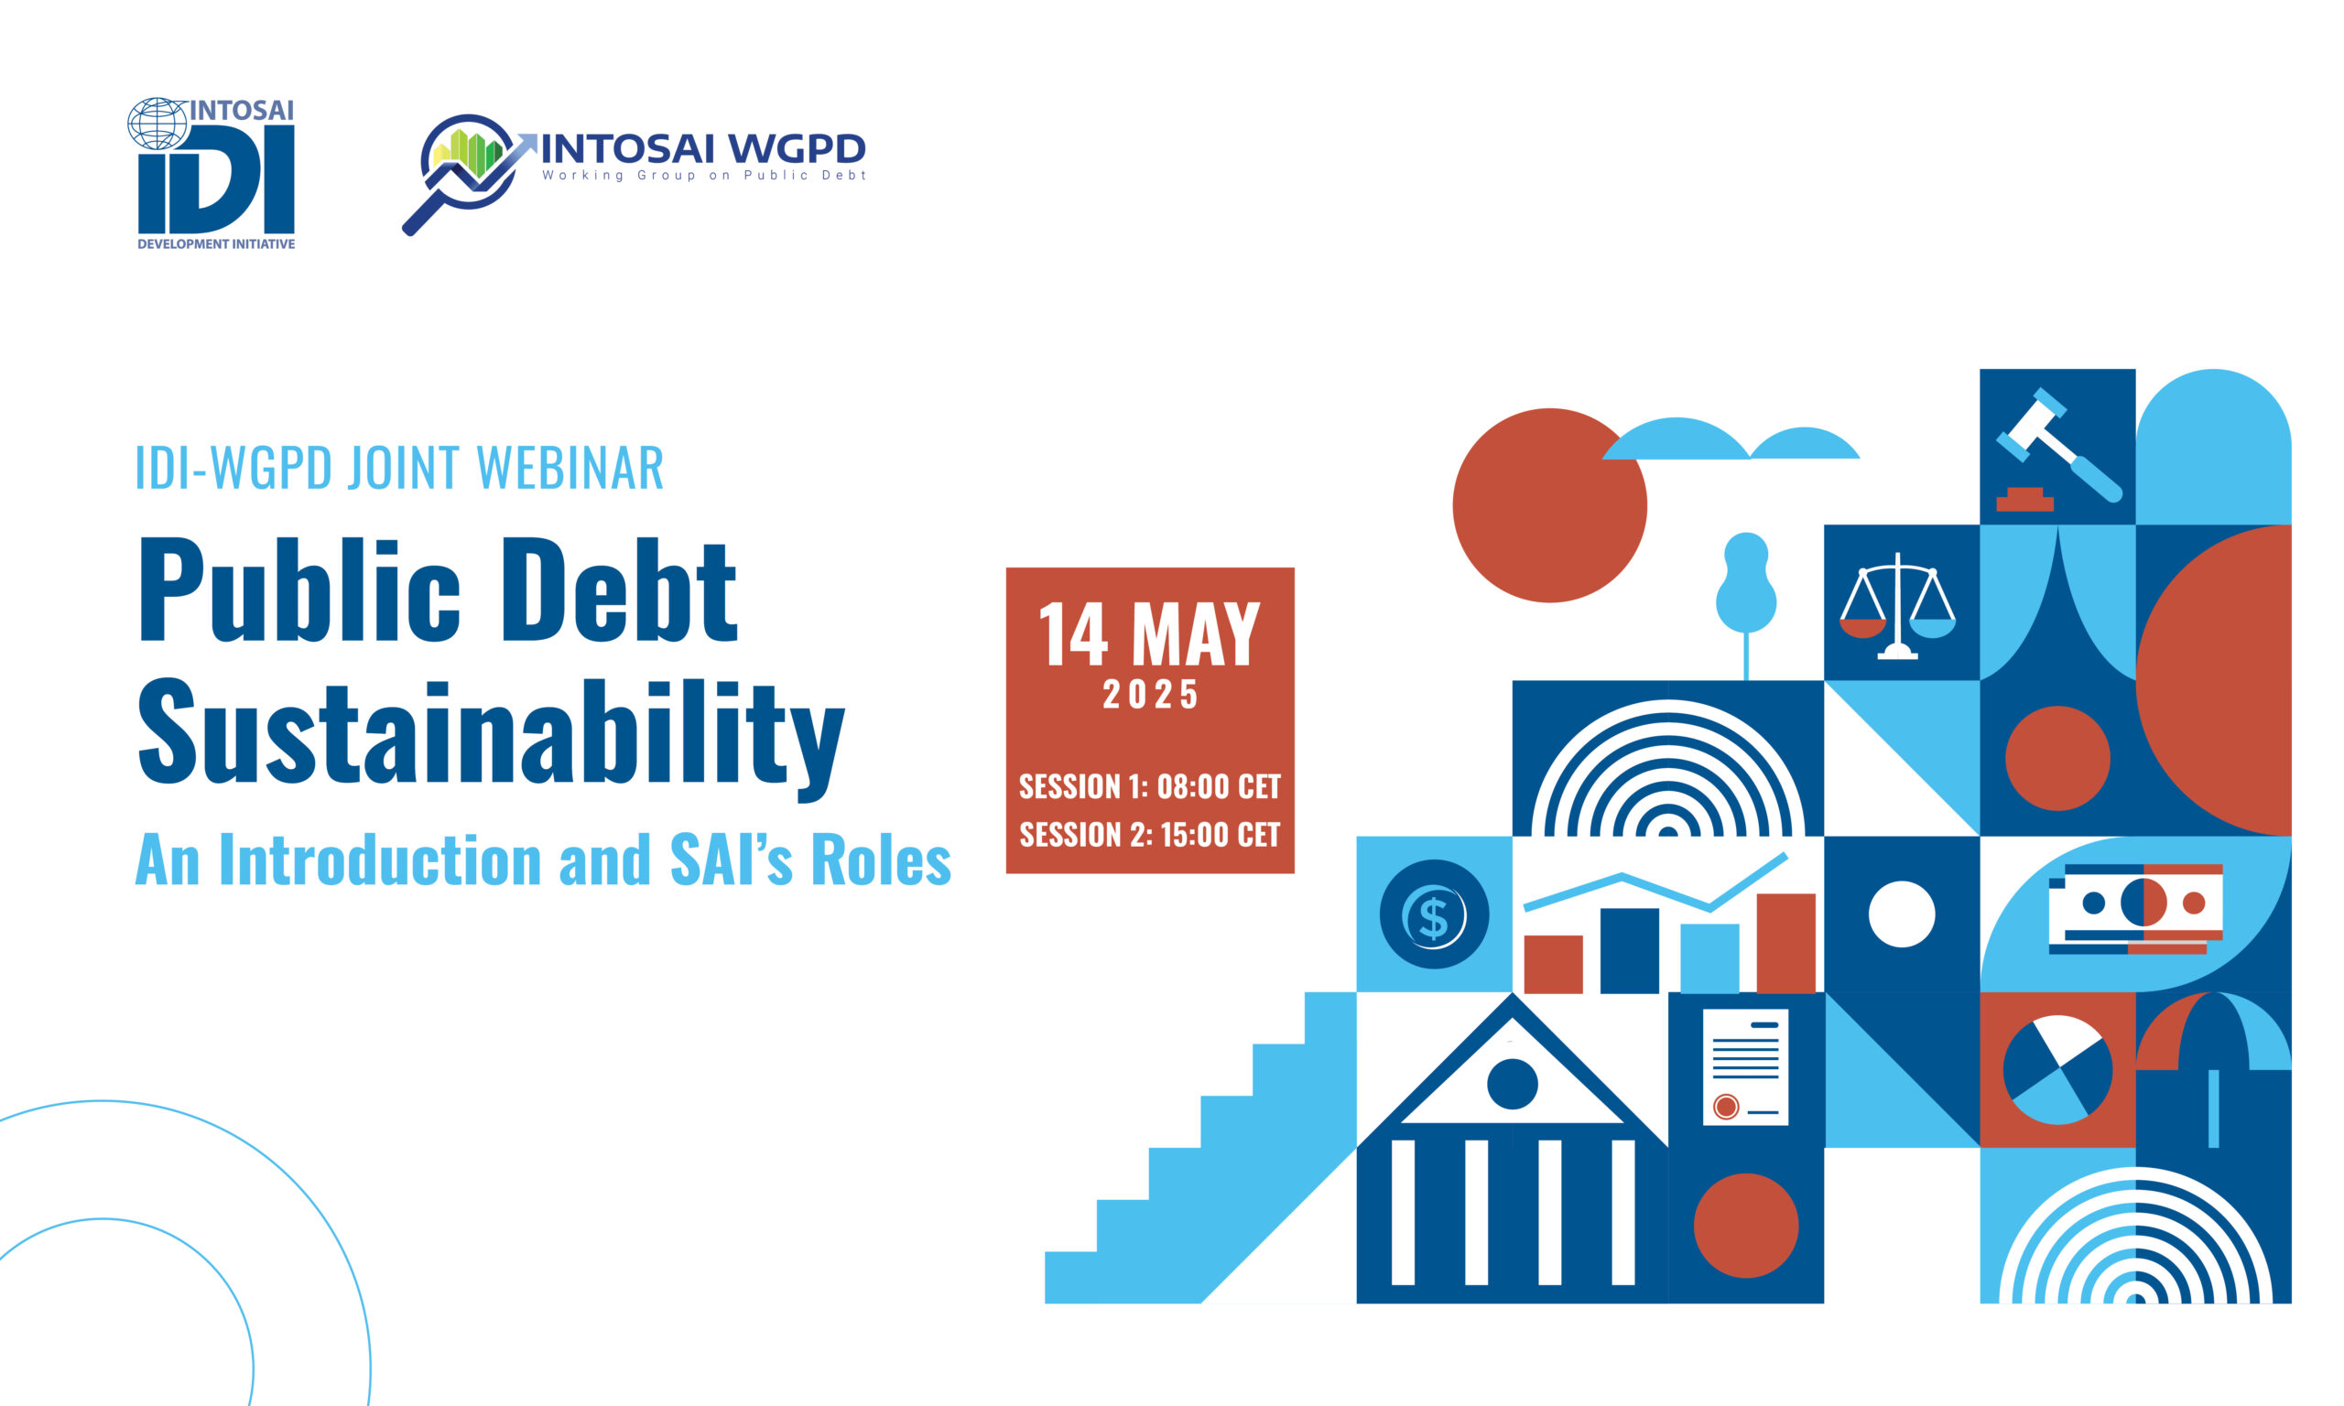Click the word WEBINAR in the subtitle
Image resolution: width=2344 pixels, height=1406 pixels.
pos(570,467)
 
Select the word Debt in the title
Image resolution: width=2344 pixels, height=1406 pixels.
pos(619,589)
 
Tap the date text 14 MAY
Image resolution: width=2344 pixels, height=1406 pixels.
pos(1149,633)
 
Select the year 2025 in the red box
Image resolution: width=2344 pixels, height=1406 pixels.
pos(1150,695)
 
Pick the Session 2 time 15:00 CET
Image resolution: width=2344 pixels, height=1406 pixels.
pos(1221,835)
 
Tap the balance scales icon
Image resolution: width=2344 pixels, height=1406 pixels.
pos(1897,605)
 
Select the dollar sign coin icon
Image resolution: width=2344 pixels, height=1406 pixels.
pos(1434,914)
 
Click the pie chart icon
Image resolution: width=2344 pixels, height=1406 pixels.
pos(2056,1070)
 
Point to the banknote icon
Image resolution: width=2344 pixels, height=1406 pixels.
pos(2135,909)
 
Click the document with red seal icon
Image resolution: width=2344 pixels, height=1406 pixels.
pos(1745,1067)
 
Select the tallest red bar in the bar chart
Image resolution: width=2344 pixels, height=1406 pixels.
pos(1786,944)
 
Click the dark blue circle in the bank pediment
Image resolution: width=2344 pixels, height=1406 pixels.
pos(1512,1084)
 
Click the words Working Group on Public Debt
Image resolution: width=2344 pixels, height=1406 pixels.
pos(704,175)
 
